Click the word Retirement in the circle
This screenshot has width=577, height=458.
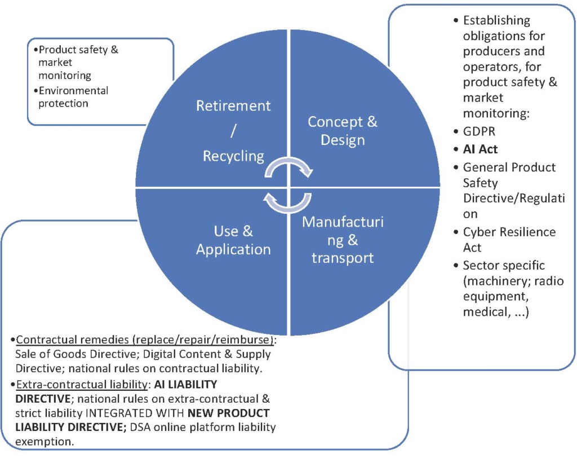click(233, 106)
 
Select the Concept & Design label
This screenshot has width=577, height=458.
click(342, 130)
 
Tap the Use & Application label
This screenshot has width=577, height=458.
click(233, 240)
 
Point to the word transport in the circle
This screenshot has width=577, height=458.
click(343, 258)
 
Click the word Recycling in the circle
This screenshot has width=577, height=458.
click(233, 156)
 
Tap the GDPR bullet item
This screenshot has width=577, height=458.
click(478, 131)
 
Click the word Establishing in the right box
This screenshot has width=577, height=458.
click(496, 21)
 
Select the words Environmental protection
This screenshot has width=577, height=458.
click(73, 97)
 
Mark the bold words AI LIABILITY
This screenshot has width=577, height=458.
click(185, 385)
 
